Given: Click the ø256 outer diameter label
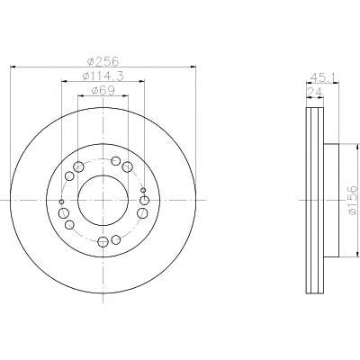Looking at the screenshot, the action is pos(103,61).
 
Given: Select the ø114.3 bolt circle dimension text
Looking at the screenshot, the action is pos(103,76).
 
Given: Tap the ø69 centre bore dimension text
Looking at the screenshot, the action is pos(103,91).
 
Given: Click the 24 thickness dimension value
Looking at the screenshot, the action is pos(315,92).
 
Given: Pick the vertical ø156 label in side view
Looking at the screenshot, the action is pos(353,200).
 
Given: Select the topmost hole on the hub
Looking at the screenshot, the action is pos(115,161).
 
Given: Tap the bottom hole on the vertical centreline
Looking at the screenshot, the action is pos(103,241).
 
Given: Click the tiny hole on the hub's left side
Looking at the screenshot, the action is pos(62,202).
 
